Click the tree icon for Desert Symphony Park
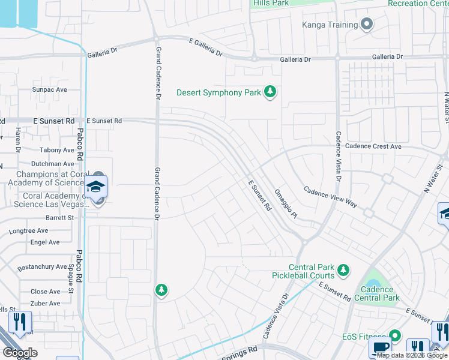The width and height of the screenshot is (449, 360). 271,92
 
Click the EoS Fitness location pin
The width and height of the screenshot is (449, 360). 395,335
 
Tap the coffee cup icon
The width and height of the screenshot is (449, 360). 380,347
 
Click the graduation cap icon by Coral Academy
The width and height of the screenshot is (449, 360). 95,187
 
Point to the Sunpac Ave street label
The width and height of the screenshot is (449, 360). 49,89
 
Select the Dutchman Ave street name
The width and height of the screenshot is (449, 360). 52,163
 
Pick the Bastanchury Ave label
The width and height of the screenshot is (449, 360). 42,266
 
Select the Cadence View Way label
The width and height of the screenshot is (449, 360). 330,197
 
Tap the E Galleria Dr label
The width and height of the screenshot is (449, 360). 205,49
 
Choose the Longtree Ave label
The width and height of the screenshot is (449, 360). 29,230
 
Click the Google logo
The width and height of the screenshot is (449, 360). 20,353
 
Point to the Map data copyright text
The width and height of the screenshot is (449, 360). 412,355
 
